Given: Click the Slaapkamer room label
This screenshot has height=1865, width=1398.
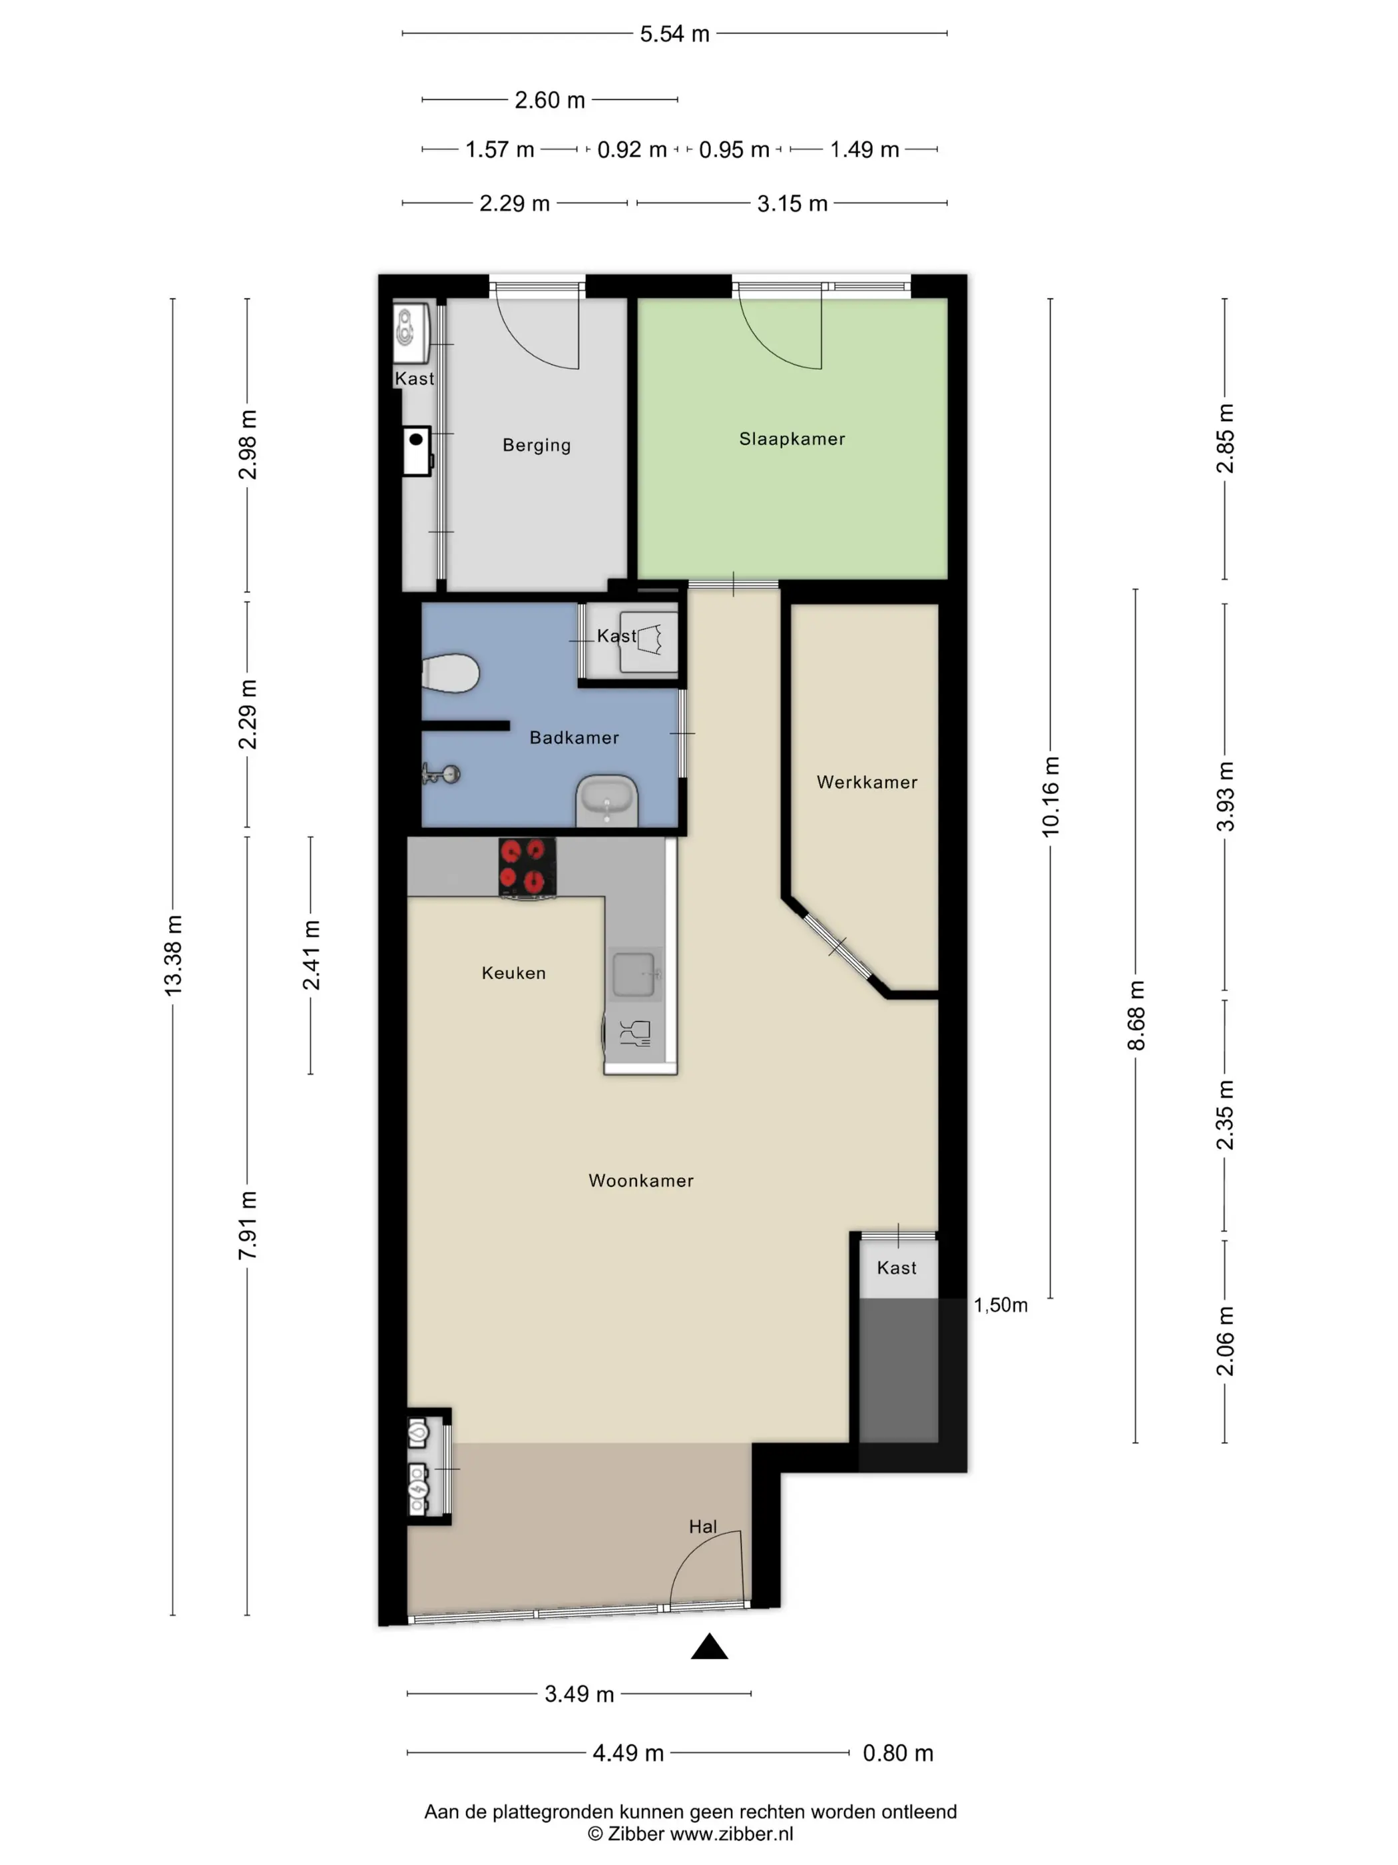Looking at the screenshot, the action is (x=792, y=438).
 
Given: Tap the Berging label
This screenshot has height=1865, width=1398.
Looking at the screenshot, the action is (x=537, y=445).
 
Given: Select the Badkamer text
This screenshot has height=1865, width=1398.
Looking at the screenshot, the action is (x=574, y=738).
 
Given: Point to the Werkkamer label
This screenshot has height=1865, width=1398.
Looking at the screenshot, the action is (x=867, y=783).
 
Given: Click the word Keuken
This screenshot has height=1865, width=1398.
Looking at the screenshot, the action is (x=514, y=973).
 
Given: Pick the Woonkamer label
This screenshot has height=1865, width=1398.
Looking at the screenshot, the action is (x=641, y=1180).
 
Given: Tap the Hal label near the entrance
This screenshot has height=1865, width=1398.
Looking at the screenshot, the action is (x=703, y=1526).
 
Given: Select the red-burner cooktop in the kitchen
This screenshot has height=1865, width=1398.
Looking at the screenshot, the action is (x=527, y=867).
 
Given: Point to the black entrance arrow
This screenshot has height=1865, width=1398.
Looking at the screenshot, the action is (x=710, y=1646).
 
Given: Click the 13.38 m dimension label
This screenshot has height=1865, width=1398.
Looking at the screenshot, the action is (x=172, y=955).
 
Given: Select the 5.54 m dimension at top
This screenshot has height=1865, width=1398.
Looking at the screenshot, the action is (x=674, y=34).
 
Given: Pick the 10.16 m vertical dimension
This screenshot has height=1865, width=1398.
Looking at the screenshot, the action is (x=1050, y=797).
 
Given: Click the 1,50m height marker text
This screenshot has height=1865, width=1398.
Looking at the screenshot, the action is (x=1001, y=1305).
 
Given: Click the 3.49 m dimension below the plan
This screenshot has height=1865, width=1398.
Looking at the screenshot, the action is (x=579, y=1694).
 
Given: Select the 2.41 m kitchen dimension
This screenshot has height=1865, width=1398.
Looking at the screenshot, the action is (x=311, y=955).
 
